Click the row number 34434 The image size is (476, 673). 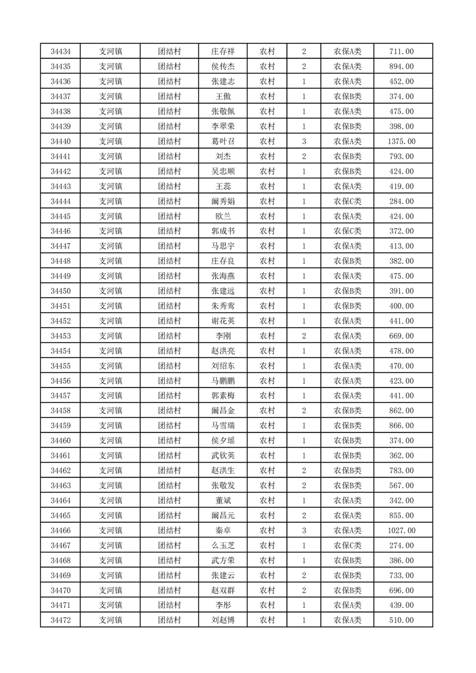click(61, 52)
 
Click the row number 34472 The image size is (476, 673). click(61, 620)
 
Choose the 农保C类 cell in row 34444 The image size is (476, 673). click(348, 202)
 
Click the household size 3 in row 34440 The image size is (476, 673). click(304, 142)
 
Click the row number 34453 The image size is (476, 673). click(61, 336)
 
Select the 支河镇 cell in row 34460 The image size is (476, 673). click(110, 441)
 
